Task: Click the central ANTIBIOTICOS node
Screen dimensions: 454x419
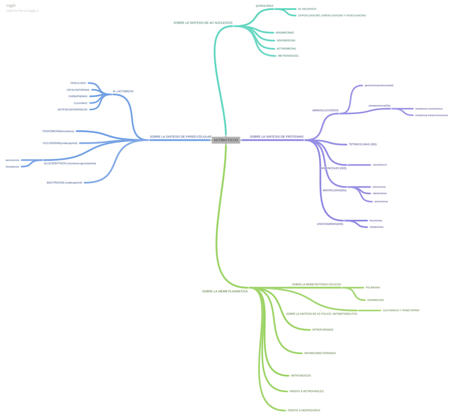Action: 225,140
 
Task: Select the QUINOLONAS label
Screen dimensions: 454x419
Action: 264,6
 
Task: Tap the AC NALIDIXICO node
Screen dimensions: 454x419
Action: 307,9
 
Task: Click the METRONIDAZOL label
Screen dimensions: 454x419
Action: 288,56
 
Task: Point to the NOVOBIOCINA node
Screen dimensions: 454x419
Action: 285,40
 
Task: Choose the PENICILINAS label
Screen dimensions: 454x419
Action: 78,83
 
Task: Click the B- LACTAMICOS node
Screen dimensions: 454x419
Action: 123,91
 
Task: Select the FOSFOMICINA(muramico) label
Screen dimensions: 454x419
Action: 58,131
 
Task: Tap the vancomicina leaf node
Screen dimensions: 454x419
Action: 12,160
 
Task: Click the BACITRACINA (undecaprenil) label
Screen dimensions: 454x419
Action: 64,183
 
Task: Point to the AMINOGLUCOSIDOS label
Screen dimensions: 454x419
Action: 325,110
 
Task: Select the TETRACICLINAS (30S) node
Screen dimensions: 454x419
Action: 362,144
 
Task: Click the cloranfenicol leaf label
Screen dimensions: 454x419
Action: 380,165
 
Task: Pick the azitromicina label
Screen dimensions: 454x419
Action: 381,201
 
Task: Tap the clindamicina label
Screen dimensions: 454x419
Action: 376,227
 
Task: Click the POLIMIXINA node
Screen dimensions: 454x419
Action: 373,288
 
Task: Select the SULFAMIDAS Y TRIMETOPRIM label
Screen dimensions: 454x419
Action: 400,310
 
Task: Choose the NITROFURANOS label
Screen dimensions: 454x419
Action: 322,330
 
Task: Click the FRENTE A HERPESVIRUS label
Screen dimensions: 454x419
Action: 304,410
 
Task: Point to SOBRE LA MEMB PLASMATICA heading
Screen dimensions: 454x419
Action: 224,291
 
